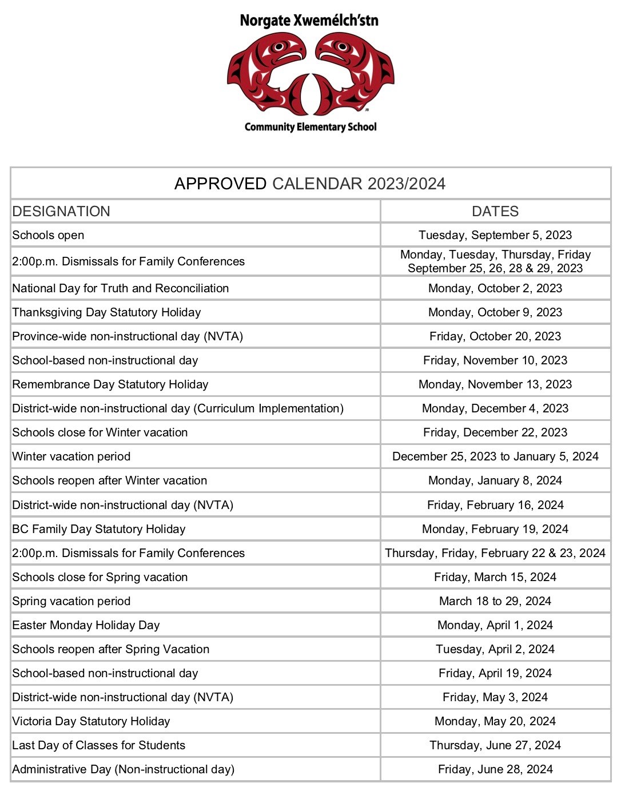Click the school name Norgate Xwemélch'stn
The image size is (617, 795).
pyautogui.click(x=309, y=21)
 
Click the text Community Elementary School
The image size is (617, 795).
pyautogui.click(x=311, y=127)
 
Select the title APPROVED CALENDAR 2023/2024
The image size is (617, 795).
pyautogui.click(x=310, y=184)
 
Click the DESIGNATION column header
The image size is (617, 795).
pyautogui.click(x=61, y=211)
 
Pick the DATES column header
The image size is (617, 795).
pyautogui.click(x=495, y=211)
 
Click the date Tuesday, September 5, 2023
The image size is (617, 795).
pyautogui.click(x=495, y=235)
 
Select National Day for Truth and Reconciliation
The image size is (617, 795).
pyautogui.click(x=121, y=288)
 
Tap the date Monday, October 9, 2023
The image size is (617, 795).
pyautogui.click(x=495, y=312)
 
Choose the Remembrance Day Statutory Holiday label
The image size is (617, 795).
pyautogui.click(x=110, y=384)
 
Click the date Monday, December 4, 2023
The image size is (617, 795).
pyautogui.click(x=495, y=408)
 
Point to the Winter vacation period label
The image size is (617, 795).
pyautogui.click(x=71, y=456)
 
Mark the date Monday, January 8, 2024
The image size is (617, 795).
pyautogui.click(x=495, y=480)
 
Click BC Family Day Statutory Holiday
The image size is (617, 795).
pyautogui.click(x=99, y=529)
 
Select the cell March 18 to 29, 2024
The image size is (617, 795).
pyautogui.click(x=495, y=601)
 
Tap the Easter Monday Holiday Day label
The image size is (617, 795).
pyautogui.click(x=86, y=625)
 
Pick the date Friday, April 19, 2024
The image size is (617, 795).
pyautogui.click(x=495, y=673)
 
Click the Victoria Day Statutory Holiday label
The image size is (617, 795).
pyautogui.click(x=91, y=721)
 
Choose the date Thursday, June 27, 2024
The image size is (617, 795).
pyautogui.click(x=495, y=745)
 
